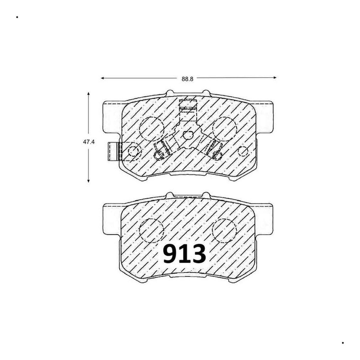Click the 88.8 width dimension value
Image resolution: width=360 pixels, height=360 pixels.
click(187, 79)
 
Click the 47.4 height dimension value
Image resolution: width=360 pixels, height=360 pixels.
click(89, 142)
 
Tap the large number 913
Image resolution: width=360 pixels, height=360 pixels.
click(184, 254)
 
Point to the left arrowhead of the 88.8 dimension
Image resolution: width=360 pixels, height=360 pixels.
click(102, 78)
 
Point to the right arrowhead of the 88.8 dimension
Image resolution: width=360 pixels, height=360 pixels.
click(274, 77)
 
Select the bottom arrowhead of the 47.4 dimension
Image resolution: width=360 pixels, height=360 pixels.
click(88, 181)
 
